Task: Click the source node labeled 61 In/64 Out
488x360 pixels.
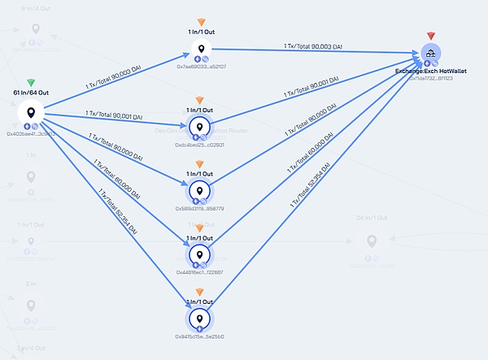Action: point(31,113)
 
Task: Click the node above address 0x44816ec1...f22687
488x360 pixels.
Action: point(198,255)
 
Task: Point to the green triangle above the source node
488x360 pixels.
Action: point(31,83)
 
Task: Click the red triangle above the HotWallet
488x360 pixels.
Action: point(430,37)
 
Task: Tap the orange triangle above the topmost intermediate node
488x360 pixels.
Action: point(201,22)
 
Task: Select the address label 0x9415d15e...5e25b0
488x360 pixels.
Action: point(199,336)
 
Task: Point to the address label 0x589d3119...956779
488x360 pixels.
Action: point(199,209)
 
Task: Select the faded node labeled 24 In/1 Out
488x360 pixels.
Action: point(372,241)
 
